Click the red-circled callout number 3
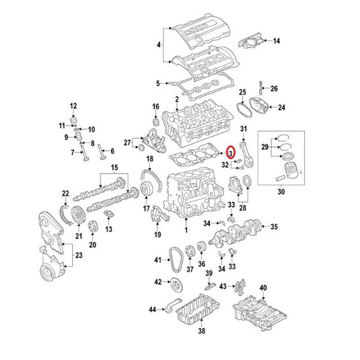point(230,153)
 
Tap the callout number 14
point(276,41)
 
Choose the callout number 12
point(73,106)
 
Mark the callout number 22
point(66,194)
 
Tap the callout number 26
point(274,88)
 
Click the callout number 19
point(157,234)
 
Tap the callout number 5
point(157,83)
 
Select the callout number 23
point(79,256)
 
